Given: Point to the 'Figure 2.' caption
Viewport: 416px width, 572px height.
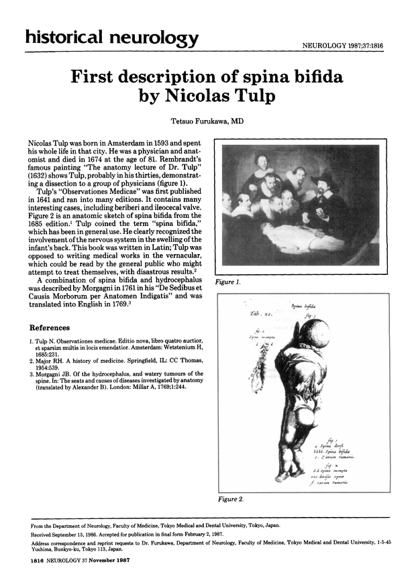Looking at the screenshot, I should pyautogui.click(x=231, y=500).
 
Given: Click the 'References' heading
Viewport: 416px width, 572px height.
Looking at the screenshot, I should pyautogui.click(x=50, y=328).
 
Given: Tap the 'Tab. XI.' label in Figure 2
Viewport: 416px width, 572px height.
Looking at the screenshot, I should pyautogui.click(x=258, y=314).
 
